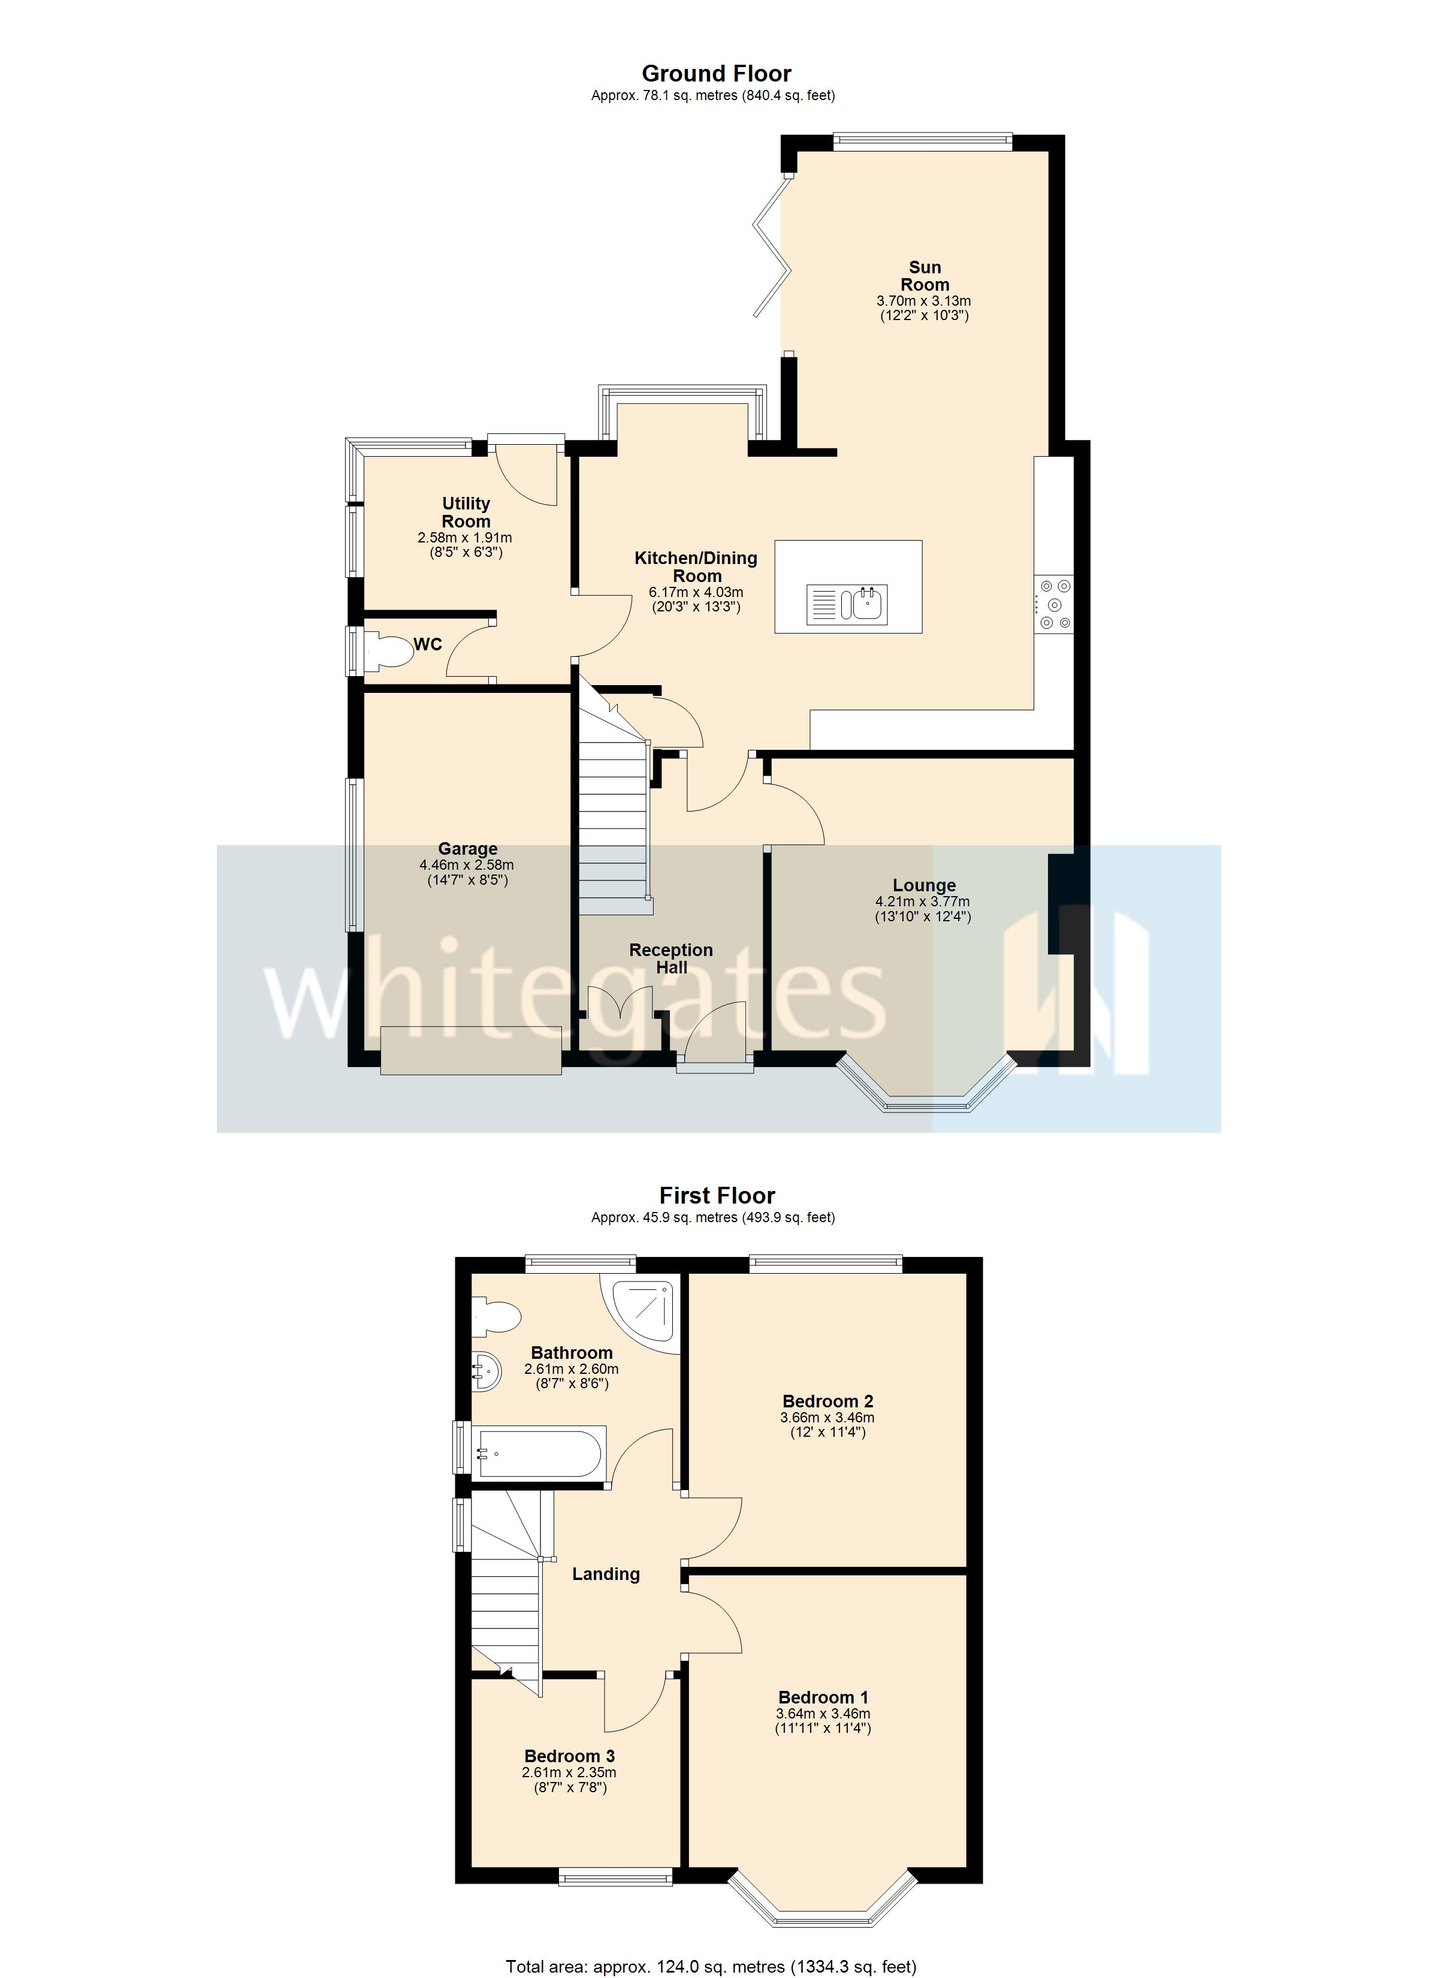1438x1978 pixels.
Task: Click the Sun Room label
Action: tap(925, 276)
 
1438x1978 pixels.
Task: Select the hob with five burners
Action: tap(1053, 604)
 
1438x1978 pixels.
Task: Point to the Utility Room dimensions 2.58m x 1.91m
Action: tap(465, 538)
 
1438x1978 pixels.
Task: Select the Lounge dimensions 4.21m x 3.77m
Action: tap(923, 901)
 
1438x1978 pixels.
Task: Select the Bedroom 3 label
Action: tap(569, 1756)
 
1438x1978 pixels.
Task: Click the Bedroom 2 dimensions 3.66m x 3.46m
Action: tap(827, 1418)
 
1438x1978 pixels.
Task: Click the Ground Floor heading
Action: tap(716, 74)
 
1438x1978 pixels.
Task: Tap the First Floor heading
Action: tap(717, 1196)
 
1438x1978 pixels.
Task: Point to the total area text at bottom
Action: tap(711, 1967)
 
